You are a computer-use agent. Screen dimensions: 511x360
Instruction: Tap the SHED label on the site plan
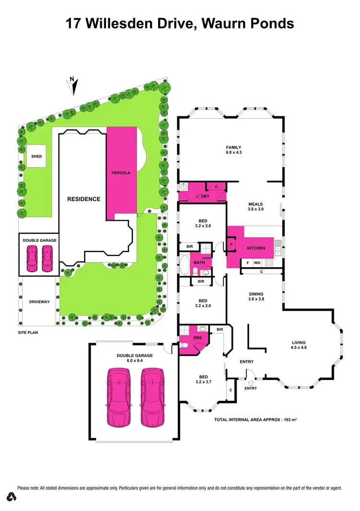[36, 156]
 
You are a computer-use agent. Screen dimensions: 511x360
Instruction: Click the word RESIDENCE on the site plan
[83, 199]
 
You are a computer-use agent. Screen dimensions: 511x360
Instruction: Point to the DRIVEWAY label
[39, 302]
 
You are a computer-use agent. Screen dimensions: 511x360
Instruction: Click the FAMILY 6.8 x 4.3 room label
[233, 150]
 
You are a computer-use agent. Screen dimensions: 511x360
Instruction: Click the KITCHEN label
[256, 248]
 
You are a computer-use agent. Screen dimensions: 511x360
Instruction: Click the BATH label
[199, 262]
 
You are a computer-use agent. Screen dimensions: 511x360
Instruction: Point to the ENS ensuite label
[198, 337]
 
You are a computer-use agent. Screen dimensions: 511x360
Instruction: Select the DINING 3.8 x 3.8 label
[256, 296]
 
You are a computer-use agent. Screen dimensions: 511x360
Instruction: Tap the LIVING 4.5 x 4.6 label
[299, 345]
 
